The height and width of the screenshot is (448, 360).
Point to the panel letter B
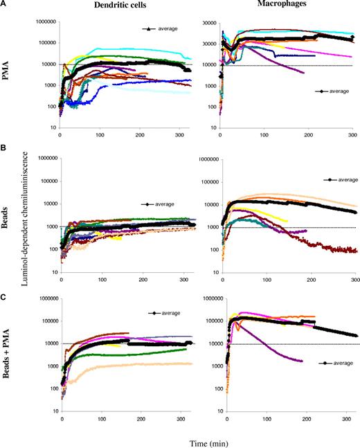[x=5, y=147]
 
